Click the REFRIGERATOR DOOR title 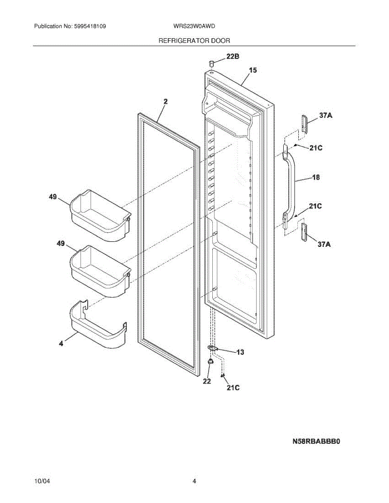[x=194, y=41]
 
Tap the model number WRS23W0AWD [x=194, y=26]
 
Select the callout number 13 [x=240, y=352]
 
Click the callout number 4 [x=61, y=343]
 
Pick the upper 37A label [x=326, y=116]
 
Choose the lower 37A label [x=326, y=244]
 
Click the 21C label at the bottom [x=233, y=388]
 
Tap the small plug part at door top [x=211, y=63]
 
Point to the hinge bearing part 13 [x=214, y=348]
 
